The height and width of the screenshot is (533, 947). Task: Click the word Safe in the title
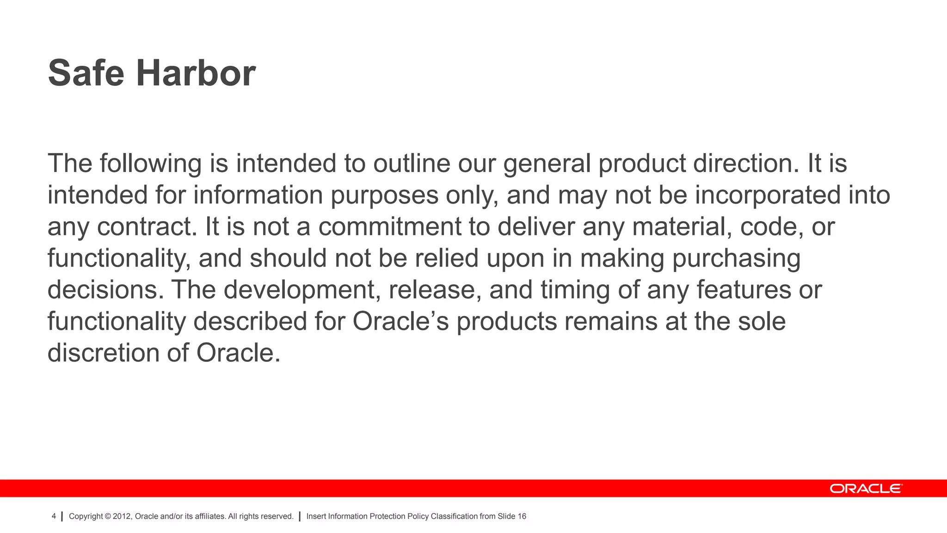click(x=86, y=73)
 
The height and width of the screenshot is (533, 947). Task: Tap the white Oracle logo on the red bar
click(x=865, y=489)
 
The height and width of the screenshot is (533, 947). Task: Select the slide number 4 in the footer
click(x=54, y=516)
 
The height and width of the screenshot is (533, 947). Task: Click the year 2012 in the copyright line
click(x=122, y=516)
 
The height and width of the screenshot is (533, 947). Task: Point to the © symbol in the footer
click(x=108, y=516)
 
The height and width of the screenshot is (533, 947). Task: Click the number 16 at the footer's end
click(x=522, y=516)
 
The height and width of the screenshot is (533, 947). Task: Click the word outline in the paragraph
click(x=412, y=164)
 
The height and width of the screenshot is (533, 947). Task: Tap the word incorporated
click(x=768, y=195)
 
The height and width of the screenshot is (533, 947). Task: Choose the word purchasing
click(x=736, y=259)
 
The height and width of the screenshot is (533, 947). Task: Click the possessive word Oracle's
click(x=400, y=322)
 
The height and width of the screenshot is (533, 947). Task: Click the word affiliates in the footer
click(x=210, y=516)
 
